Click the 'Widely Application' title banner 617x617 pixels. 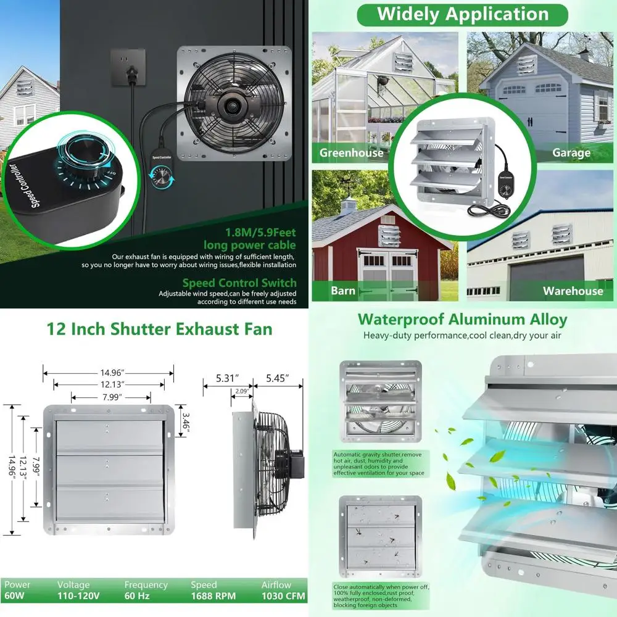coord(462,14)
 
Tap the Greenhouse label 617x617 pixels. coord(351,153)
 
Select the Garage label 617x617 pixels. coord(571,153)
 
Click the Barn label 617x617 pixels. coord(342,291)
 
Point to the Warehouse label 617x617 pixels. coord(573,291)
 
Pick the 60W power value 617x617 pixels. coord(15,596)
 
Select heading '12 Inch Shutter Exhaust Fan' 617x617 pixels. coord(159,328)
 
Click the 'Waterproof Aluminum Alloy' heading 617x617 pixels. coord(462,320)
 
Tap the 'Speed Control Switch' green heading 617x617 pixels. coord(239,284)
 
